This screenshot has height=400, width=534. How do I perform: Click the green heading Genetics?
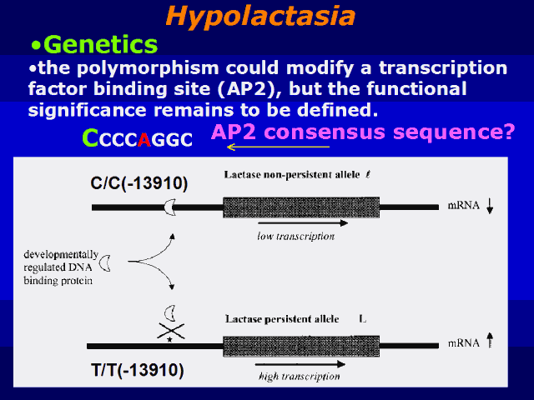[103, 43]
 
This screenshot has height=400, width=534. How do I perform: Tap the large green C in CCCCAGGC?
[91, 138]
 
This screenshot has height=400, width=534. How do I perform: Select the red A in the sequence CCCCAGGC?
[144, 140]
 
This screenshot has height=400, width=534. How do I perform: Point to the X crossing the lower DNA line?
[172, 332]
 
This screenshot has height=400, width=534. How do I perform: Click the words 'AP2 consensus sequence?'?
[362, 131]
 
